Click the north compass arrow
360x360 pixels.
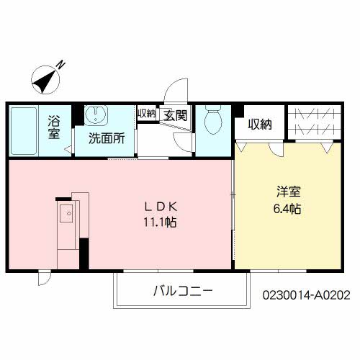45,78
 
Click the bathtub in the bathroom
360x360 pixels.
26,130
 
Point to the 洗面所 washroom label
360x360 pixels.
107,138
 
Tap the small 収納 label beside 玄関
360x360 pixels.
146,113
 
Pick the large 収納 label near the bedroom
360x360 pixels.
260,124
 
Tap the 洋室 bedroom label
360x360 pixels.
287,192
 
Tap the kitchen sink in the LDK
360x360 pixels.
67,212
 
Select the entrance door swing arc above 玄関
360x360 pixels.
175,92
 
